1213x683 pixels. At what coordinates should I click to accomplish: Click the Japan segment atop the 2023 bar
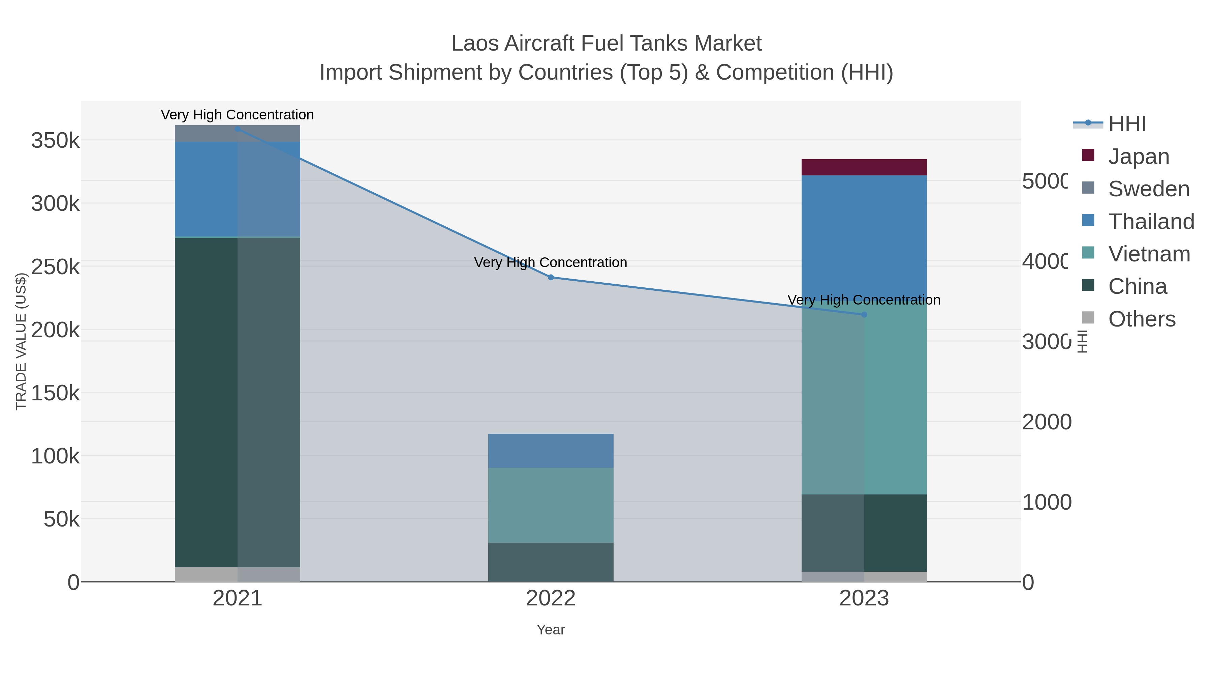click(x=864, y=167)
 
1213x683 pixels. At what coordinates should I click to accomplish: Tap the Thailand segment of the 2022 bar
click(x=551, y=451)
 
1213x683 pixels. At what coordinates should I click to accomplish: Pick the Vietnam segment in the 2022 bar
click(x=551, y=505)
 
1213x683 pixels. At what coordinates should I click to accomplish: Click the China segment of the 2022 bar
click(x=551, y=562)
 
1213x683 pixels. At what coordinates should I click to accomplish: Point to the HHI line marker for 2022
click(x=551, y=277)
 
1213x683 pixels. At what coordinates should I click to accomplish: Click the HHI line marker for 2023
click(x=864, y=314)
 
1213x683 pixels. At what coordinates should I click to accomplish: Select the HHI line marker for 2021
click(x=237, y=129)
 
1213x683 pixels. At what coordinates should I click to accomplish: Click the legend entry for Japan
click(x=1138, y=156)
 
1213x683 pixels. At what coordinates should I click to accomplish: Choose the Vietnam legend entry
click(x=1149, y=254)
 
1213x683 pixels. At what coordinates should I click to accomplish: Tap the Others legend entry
click(x=1142, y=319)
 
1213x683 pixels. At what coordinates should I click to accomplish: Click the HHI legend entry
click(x=1126, y=124)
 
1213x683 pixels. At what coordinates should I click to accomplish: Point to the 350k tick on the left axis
click(x=55, y=140)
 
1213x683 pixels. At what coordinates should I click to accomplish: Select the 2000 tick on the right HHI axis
click(x=1046, y=422)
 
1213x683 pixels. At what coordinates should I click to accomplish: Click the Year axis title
click(x=551, y=630)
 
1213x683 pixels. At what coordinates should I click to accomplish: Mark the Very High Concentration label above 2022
click(x=551, y=262)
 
